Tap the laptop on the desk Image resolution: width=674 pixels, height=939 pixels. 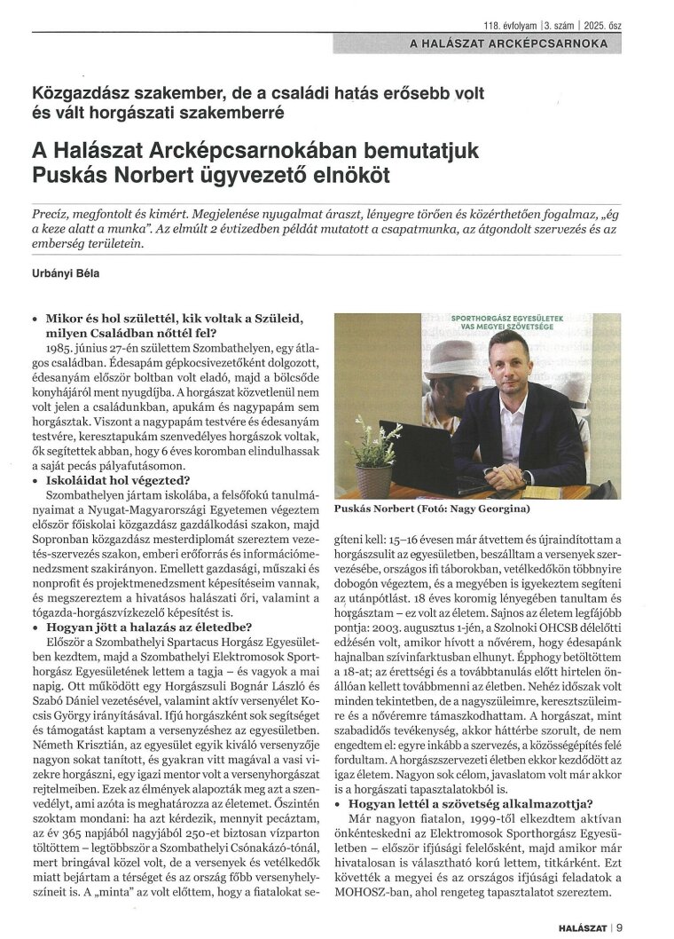tap(416, 458)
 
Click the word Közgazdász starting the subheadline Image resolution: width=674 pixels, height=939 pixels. tap(74, 94)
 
